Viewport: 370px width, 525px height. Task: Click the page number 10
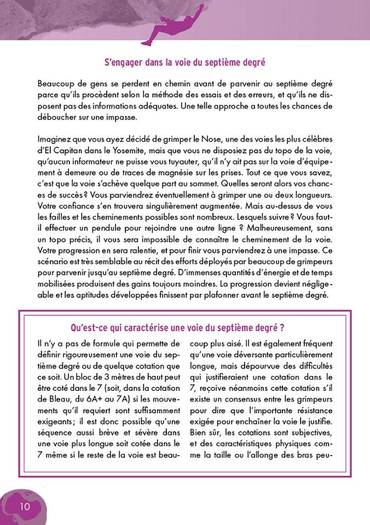pos(25,505)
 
